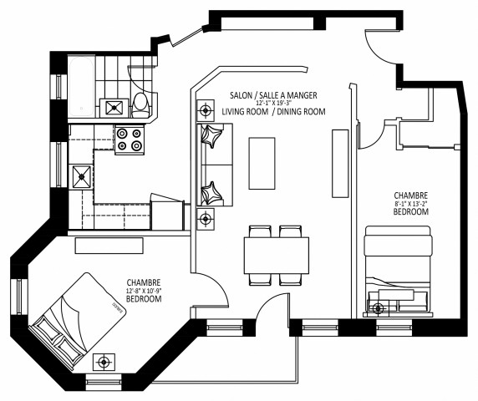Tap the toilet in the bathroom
140,104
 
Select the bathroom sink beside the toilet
113,106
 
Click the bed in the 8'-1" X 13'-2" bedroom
398,272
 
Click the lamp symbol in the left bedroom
104,363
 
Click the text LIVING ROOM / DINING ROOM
273,112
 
